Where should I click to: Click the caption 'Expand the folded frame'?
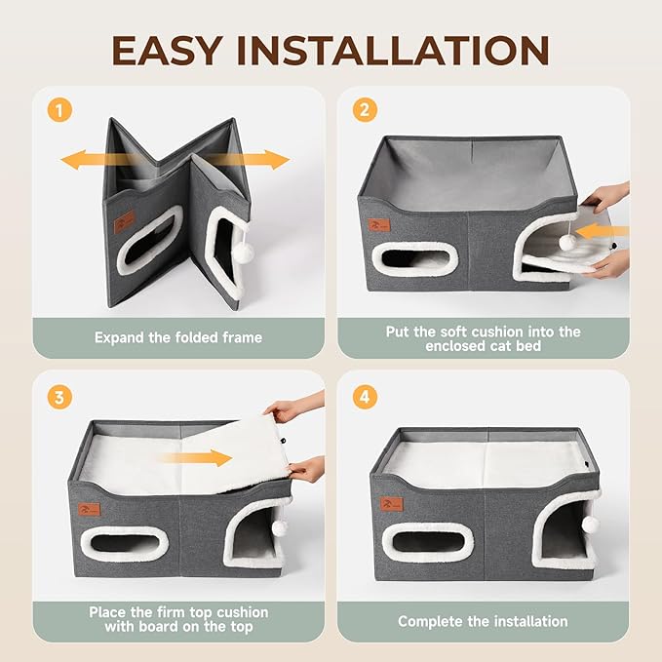[x=178, y=337]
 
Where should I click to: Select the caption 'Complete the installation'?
[x=483, y=621]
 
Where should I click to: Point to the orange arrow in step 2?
[x=603, y=232]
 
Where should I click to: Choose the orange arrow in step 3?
[x=207, y=456]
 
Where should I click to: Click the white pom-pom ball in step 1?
[x=243, y=251]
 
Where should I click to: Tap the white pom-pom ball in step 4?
[x=589, y=525]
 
